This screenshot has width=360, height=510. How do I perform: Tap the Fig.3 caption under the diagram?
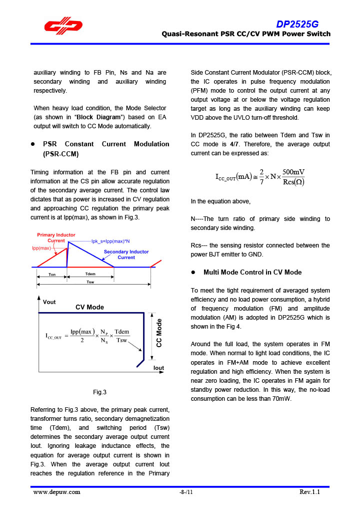[99, 392]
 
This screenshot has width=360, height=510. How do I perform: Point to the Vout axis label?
[49, 302]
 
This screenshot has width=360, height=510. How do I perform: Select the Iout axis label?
[158, 368]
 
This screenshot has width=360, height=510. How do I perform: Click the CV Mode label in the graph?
[89, 307]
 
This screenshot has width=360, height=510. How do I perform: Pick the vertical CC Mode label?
[159, 333]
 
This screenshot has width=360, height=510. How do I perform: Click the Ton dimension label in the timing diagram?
[52, 274]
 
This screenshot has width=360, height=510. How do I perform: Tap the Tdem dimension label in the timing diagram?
[90, 274]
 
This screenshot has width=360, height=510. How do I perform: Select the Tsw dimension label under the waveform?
[90, 282]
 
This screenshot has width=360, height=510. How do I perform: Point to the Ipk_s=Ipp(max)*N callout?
[110, 241]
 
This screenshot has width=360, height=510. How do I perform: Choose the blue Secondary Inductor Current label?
[126, 254]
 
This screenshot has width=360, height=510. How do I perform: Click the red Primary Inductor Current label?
[56, 237]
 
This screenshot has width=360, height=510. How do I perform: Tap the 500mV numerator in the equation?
[293, 172]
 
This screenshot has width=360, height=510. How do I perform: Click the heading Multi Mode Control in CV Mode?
[252, 272]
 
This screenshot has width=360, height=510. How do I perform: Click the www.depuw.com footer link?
[56, 491]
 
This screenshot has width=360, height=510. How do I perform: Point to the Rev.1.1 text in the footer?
[309, 491]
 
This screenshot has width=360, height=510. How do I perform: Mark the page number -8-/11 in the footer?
[186, 492]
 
